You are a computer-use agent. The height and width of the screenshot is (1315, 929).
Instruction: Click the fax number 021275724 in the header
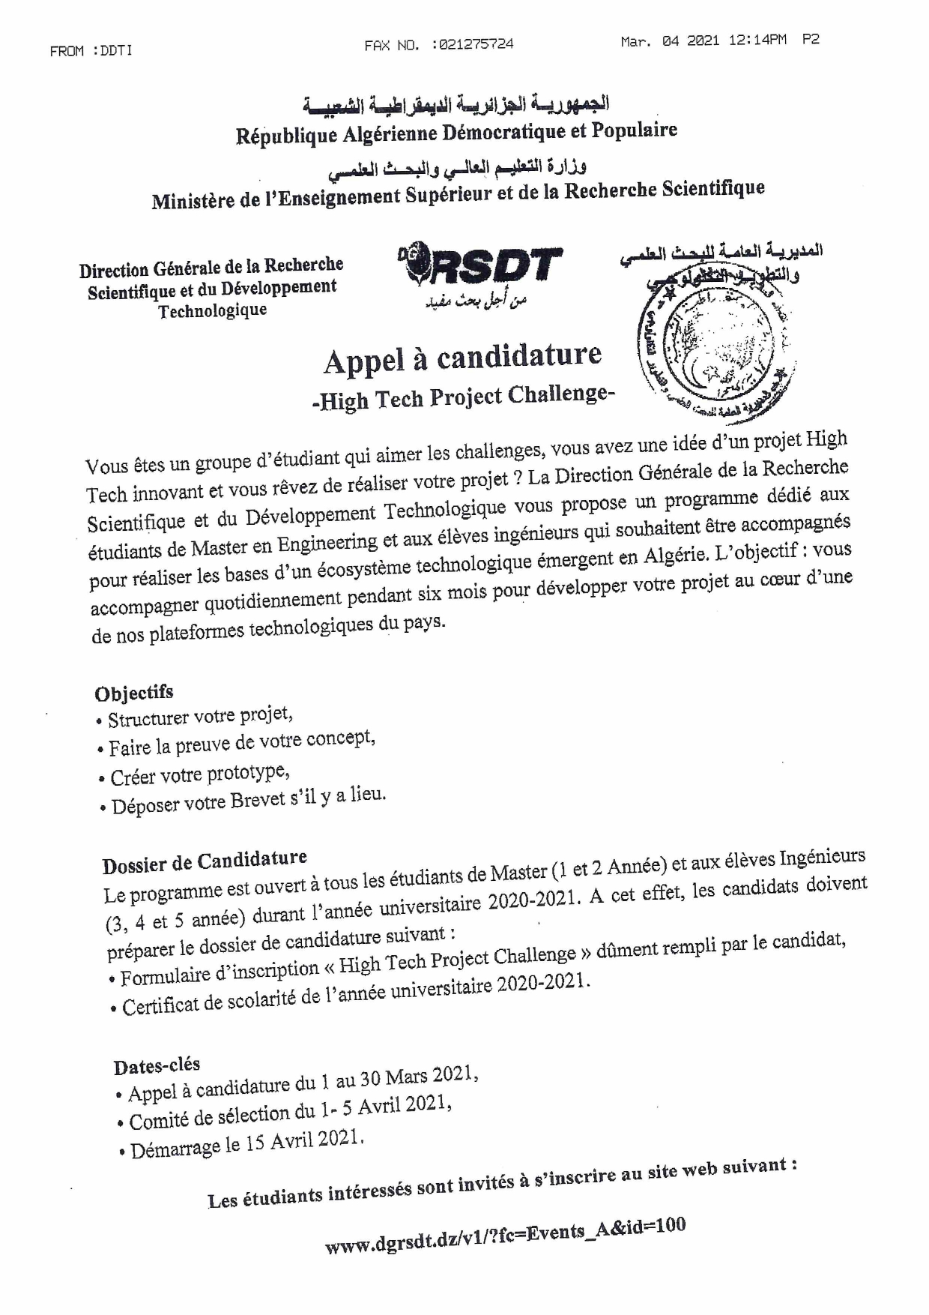click(x=473, y=45)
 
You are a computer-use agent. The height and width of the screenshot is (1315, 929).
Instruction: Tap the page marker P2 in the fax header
click(x=811, y=40)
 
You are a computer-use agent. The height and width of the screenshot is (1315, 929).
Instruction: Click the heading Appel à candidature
click(x=462, y=358)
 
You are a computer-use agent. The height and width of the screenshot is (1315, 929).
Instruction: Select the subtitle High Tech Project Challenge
click(x=463, y=397)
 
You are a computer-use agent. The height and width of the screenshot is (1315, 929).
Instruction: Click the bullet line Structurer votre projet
click(x=200, y=717)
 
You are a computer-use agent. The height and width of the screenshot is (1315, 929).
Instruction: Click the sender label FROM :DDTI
click(x=91, y=51)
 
